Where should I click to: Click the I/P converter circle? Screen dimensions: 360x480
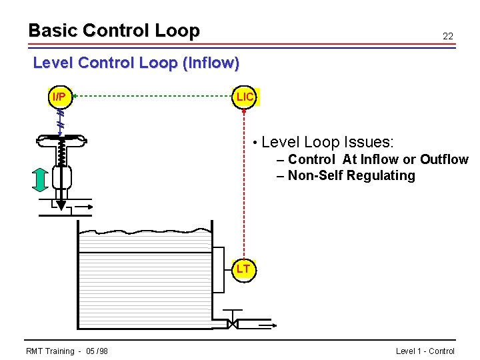59,97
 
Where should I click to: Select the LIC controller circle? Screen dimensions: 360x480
245,97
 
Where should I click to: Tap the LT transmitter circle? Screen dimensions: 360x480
243,269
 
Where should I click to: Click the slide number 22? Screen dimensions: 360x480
448,37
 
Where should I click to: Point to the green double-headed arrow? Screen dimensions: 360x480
40,179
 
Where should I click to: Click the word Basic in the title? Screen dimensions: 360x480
52,31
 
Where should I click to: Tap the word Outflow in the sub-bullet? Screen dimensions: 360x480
444,159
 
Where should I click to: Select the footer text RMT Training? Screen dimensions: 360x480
50,351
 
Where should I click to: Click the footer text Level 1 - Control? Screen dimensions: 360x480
425,351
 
